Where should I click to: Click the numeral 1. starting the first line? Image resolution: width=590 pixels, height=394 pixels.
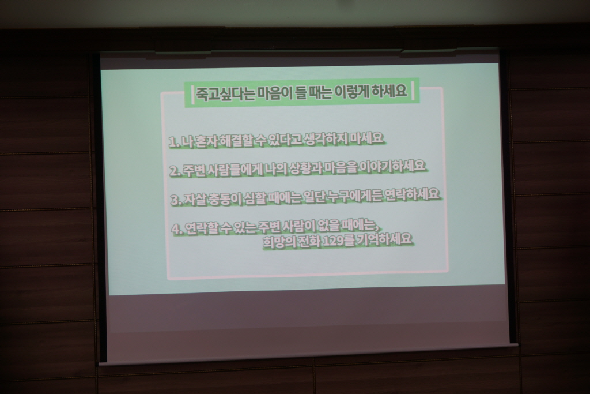point(173,142)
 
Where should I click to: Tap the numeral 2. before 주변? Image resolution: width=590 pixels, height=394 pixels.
point(175,171)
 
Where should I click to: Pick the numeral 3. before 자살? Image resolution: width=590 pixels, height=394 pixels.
point(176,200)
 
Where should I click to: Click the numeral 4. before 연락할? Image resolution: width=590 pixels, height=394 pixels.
point(177,228)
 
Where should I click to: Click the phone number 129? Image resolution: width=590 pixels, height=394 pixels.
point(332,241)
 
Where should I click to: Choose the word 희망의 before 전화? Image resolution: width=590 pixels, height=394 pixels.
point(278,242)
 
